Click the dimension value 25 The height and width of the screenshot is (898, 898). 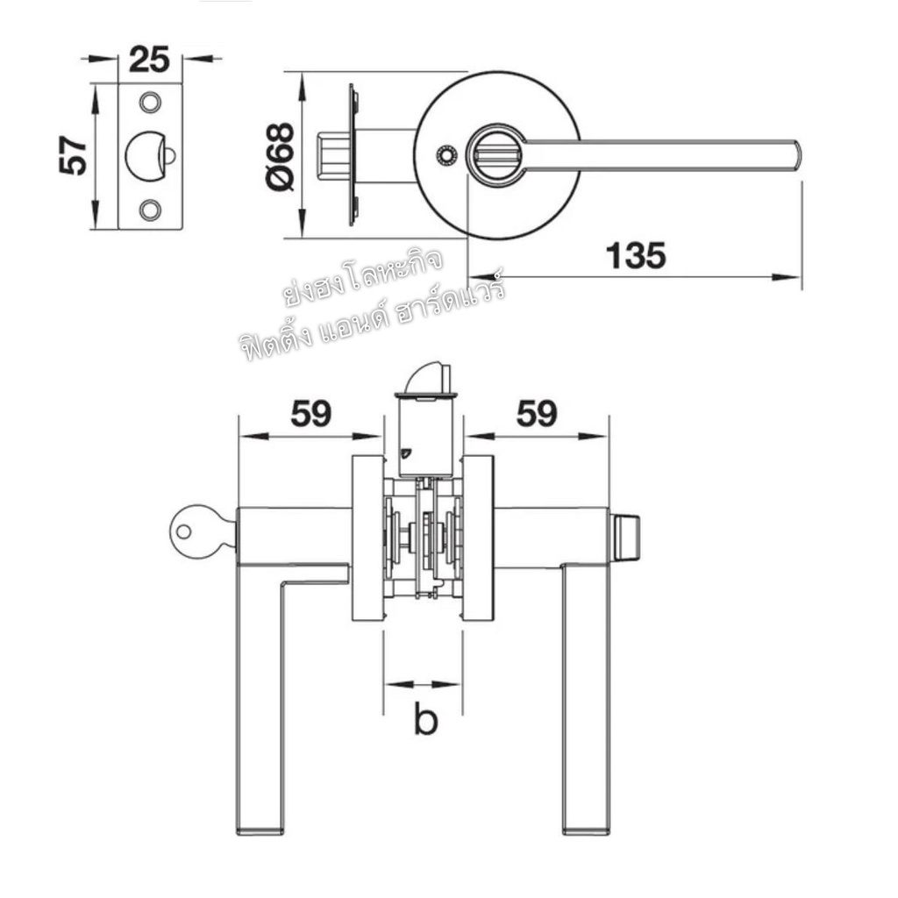coord(149,60)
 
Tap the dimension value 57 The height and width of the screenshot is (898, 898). coord(74,155)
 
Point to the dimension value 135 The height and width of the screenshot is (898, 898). coord(636,255)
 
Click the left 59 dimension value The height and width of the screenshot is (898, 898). coord(311,414)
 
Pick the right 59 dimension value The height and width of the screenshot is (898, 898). coord(537,414)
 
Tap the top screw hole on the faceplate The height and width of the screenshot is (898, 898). coord(151,103)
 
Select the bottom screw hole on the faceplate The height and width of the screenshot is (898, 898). coord(151,209)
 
